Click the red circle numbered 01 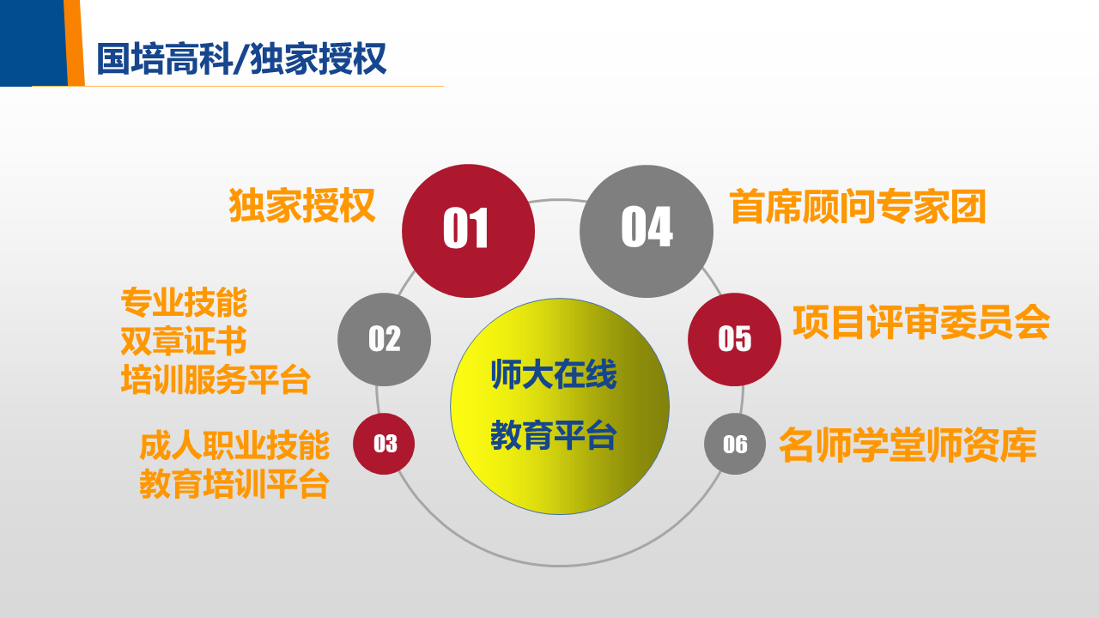tap(468, 231)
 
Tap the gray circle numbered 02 tap(384, 339)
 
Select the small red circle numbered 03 tap(384, 444)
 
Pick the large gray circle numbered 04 tap(647, 231)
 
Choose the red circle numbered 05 tap(734, 339)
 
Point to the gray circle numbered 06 tap(735, 444)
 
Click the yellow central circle tap(560, 407)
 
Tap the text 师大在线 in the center tap(554, 375)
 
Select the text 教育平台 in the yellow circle tap(554, 435)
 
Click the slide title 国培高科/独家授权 tap(242, 59)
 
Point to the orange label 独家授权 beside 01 tap(302, 205)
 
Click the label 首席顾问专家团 tap(858, 207)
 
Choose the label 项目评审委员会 tap(921, 322)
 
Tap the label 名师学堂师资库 tap(908, 445)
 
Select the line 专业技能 tap(184, 303)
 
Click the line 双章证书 tap(184, 342)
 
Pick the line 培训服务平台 tap(216, 379)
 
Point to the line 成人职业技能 tap(234, 445)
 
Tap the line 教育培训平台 tap(234, 484)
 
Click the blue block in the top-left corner tap(33, 43)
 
